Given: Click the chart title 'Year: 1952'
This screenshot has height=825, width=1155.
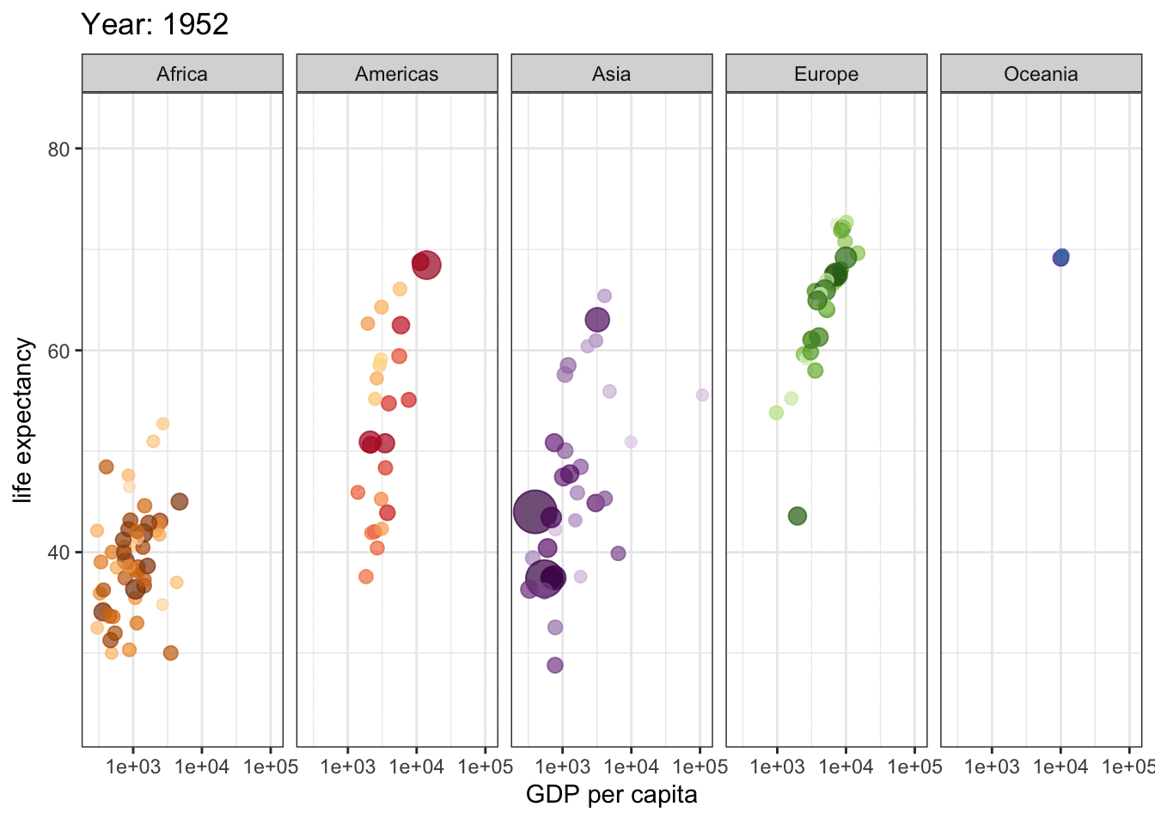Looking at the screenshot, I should [x=155, y=24].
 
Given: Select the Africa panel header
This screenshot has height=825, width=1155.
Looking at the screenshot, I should [x=182, y=74].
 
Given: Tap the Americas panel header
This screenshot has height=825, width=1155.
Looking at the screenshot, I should [x=397, y=74].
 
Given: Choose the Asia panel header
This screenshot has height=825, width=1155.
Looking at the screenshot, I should [x=612, y=74].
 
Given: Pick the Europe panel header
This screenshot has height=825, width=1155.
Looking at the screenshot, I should [x=827, y=74].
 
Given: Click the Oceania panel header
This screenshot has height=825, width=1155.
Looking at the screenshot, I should [x=1041, y=74].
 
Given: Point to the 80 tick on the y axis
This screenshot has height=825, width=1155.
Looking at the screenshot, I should [x=58, y=149].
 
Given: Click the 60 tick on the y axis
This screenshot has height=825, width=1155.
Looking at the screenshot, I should [x=58, y=351].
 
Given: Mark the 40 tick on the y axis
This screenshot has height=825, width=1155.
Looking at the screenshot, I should [x=58, y=553].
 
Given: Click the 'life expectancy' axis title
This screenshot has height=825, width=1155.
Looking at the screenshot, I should [x=23, y=420].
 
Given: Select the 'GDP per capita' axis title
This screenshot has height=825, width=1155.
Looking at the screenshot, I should [x=612, y=795].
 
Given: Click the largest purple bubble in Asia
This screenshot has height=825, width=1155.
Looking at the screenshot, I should [x=535, y=512].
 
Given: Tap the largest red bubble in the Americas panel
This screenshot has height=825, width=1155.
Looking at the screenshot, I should [x=426, y=265].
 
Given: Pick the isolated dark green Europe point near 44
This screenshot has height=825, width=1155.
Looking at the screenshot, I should [x=797, y=516].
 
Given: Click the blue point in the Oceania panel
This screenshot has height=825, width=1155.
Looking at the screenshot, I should [x=1061, y=257].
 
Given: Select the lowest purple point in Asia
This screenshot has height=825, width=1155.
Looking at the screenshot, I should [x=555, y=665].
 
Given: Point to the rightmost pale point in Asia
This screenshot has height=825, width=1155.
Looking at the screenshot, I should [x=702, y=395].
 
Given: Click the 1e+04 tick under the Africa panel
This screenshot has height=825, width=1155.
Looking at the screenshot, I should [x=202, y=767].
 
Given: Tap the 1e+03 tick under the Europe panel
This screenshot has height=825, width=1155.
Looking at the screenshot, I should [x=777, y=767].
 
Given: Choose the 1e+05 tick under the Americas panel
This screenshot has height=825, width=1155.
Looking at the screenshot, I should [x=485, y=767].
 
